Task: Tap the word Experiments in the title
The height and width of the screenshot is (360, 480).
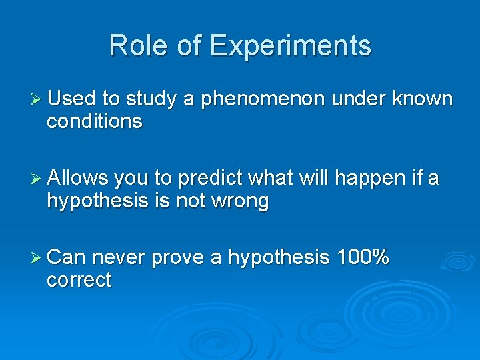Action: tap(289, 47)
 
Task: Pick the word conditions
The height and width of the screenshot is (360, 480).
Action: tap(94, 121)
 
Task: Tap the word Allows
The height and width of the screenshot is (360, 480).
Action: tap(78, 178)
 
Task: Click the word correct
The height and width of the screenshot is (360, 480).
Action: tap(79, 280)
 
